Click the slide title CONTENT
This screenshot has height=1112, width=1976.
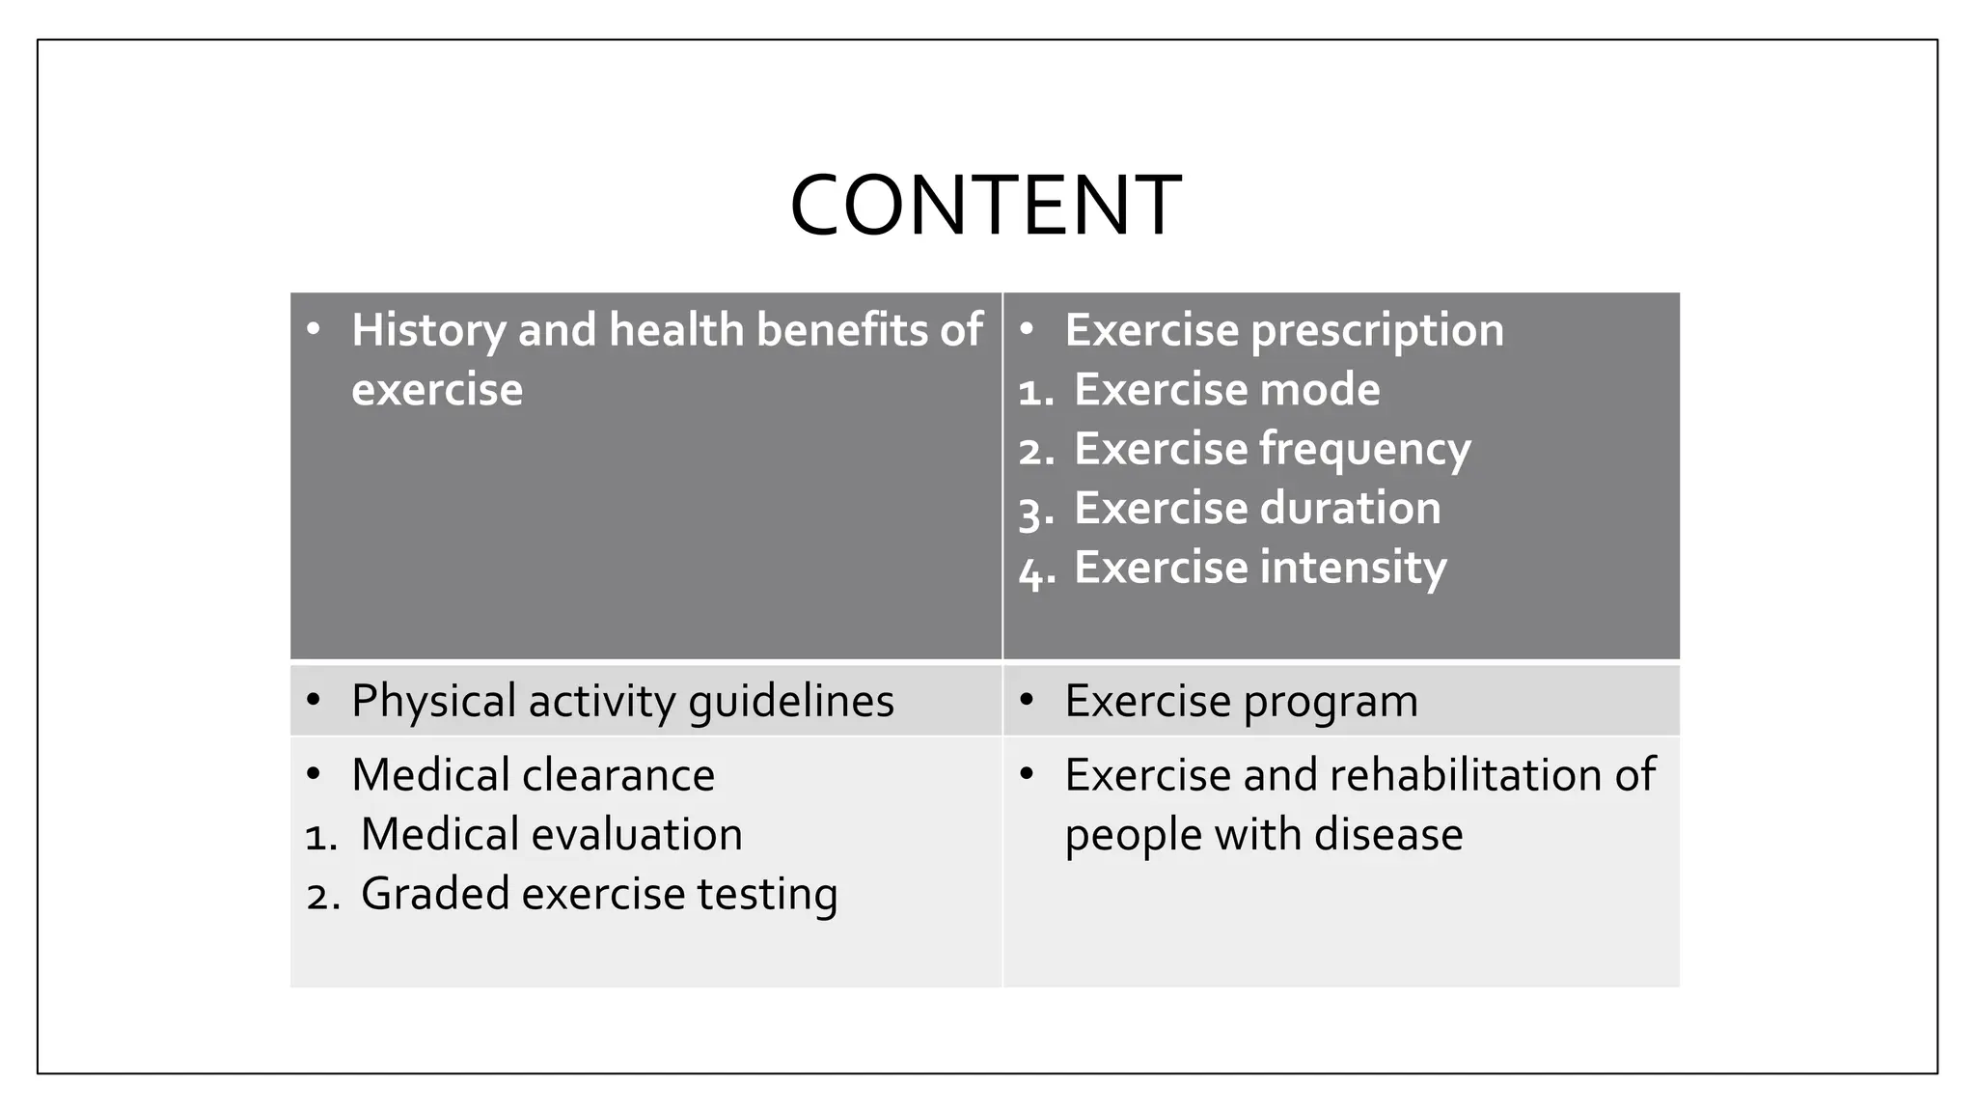pyautogui.click(x=985, y=205)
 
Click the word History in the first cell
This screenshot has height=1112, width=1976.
pyautogui.click(x=428, y=330)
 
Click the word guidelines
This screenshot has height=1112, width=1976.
pyautogui.click(x=790, y=702)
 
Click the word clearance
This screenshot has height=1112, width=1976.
pyautogui.click(x=618, y=775)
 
